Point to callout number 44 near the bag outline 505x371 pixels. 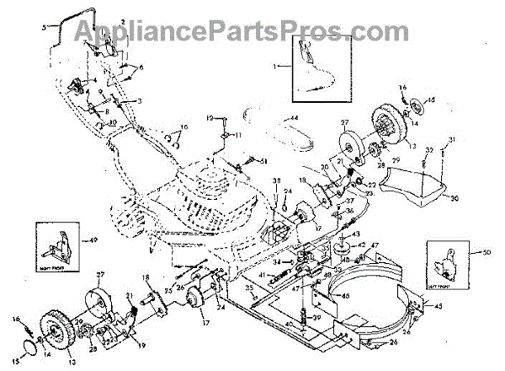(295, 116)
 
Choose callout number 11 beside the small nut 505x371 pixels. (237, 135)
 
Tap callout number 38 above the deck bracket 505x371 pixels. (276, 181)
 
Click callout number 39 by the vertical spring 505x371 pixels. (341, 317)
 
